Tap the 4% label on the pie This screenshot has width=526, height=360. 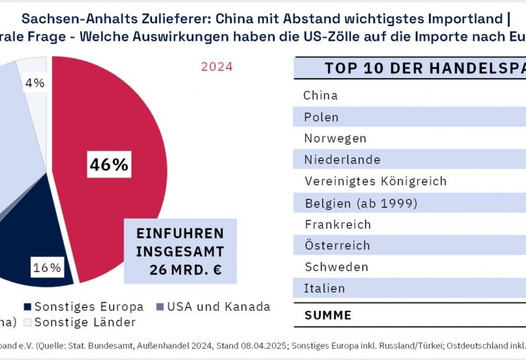point(34,83)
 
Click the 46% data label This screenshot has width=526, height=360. point(108,165)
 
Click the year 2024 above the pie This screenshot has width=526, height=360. point(217,67)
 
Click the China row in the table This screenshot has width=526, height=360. point(321,96)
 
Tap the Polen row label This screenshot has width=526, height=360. point(321,117)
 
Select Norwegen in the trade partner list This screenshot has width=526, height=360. point(335,139)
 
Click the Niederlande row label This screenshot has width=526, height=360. point(342,160)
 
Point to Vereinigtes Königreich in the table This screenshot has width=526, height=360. point(376,181)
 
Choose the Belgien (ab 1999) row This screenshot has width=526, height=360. point(361,203)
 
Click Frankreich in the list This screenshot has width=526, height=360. point(338,225)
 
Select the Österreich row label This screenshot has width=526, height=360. point(338,246)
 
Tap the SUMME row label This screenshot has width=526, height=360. point(328,316)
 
